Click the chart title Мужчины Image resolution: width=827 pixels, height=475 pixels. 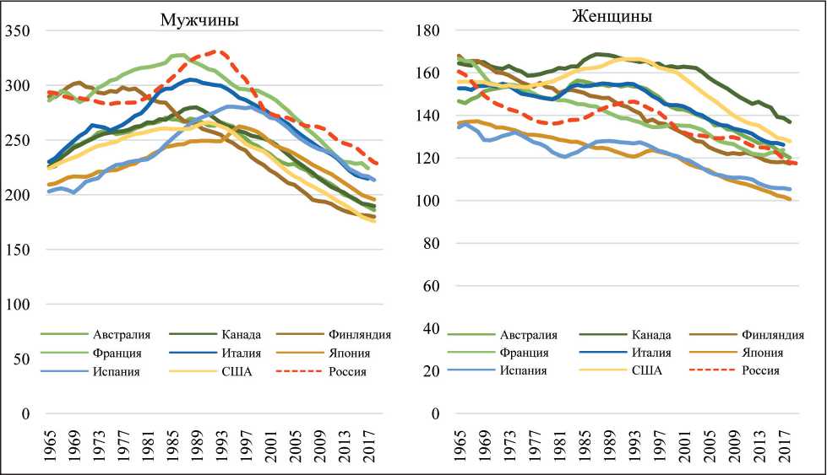pos(200,19)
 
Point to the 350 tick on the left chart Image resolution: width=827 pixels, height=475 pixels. pos(17,31)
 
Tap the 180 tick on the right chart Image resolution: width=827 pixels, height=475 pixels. pos(431,31)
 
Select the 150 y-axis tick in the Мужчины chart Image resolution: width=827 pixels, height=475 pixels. pos(17,250)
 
